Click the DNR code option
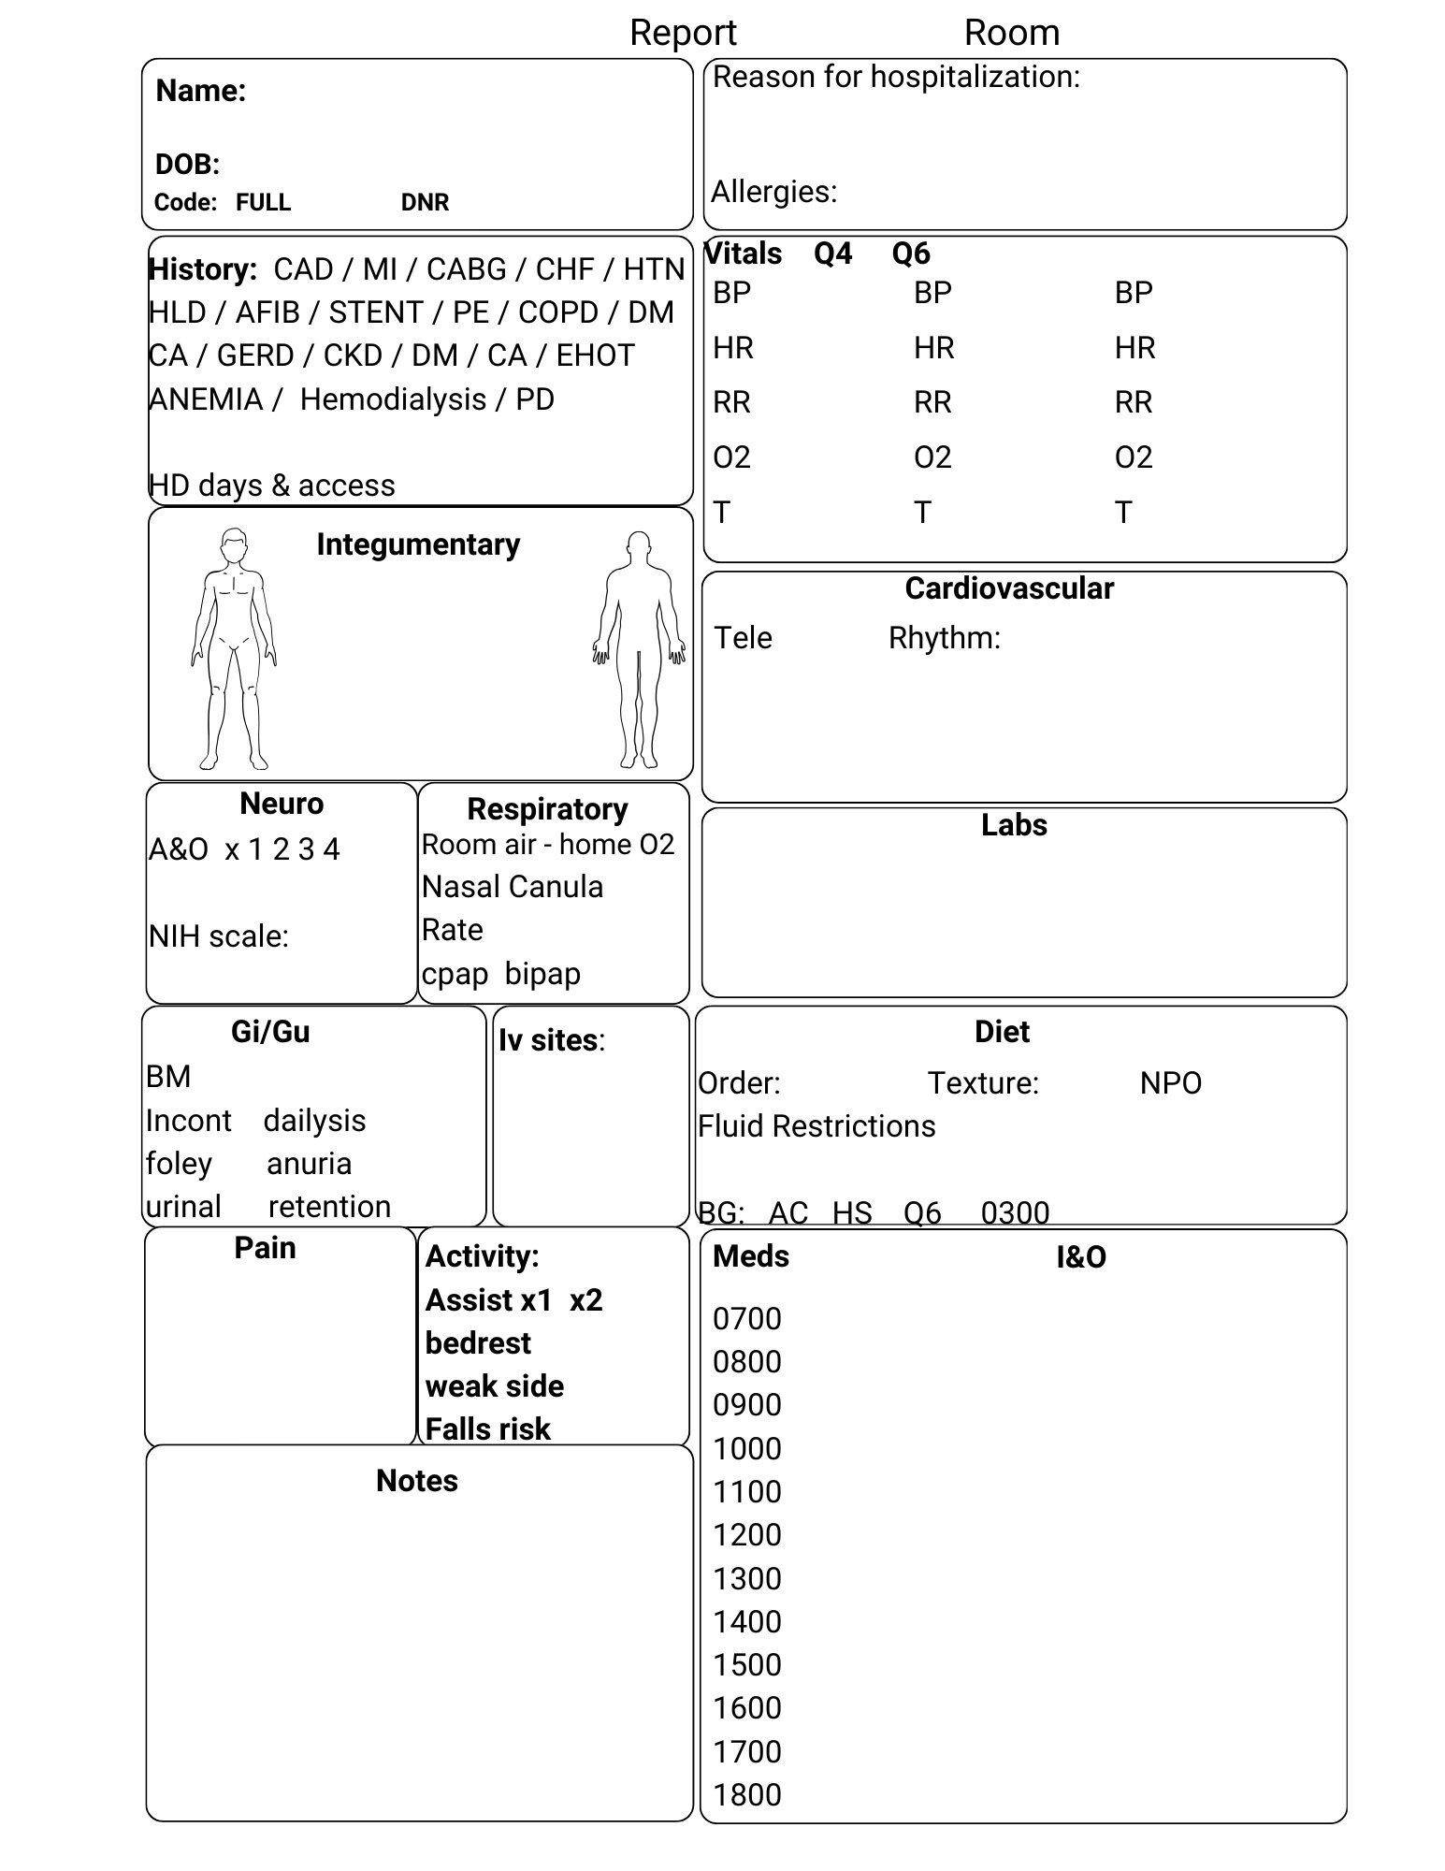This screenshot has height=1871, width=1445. click(425, 202)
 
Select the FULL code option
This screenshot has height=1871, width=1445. click(263, 202)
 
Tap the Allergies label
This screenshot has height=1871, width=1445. click(773, 192)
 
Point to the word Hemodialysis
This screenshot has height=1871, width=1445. click(393, 399)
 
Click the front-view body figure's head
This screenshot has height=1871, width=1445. click(234, 544)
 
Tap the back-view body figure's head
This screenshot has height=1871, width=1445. click(639, 546)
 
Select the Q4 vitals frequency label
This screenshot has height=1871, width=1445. click(832, 254)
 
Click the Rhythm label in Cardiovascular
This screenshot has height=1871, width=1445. click(944, 638)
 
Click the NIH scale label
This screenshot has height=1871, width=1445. click(219, 936)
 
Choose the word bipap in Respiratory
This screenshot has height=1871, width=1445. click(542, 974)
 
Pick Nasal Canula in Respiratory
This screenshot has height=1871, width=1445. click(513, 887)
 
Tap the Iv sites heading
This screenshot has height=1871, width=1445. click(551, 1040)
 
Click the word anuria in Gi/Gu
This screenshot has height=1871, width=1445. click(309, 1164)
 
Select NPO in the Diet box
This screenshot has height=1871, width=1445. click(1170, 1083)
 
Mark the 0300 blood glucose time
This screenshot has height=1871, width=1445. click(1015, 1213)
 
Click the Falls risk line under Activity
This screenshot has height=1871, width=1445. click(487, 1429)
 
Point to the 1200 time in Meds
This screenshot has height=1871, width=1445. click(746, 1535)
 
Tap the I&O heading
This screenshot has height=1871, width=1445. click(1081, 1257)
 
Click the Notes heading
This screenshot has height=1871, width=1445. click(417, 1481)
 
